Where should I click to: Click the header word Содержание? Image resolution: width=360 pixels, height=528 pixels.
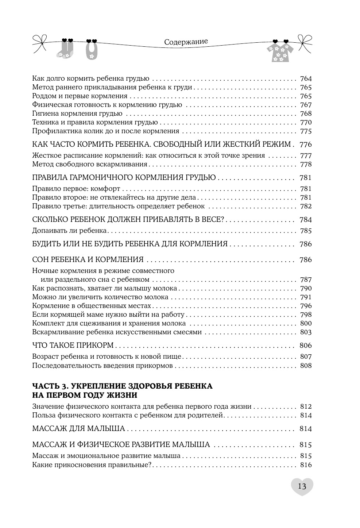[186, 42]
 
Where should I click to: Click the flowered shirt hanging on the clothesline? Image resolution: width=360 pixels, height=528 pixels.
[280, 52]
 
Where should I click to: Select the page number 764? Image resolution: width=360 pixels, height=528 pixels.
[305, 78]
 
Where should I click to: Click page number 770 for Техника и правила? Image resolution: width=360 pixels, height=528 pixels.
[305, 122]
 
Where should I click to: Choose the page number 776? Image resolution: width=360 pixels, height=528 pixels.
[305, 144]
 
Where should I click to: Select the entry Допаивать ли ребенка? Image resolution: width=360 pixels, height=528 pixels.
[69, 231]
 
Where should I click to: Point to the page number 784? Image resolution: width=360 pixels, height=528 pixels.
[305, 220]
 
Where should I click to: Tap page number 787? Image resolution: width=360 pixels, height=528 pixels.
[305, 280]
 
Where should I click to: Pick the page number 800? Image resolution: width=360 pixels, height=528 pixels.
[305, 323]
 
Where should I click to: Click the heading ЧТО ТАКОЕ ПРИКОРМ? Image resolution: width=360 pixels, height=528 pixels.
[73, 346]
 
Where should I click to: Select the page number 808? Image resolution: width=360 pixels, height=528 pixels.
[305, 366]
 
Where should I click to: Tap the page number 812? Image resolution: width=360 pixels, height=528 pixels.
[305, 406]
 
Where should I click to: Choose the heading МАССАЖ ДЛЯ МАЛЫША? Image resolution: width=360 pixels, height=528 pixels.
[78, 429]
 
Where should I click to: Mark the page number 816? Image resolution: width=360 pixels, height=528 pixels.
[305, 465]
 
